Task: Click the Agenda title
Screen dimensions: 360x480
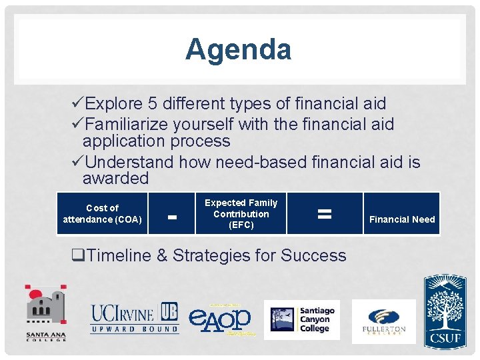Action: [x=238, y=49]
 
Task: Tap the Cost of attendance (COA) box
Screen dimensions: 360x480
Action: [x=102, y=213]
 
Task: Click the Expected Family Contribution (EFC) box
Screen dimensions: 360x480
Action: [x=241, y=213]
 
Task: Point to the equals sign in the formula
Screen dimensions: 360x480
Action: [x=324, y=213]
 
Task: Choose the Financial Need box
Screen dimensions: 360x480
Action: [x=401, y=219]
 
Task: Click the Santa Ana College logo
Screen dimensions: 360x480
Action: [x=47, y=313]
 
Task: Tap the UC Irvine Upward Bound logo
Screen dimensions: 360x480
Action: [x=135, y=318]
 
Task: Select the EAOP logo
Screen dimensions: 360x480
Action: [x=220, y=319]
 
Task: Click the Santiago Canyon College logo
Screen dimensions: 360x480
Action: [x=302, y=319]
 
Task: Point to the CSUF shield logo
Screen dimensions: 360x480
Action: [x=445, y=310]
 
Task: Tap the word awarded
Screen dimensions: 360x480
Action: [x=115, y=179]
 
